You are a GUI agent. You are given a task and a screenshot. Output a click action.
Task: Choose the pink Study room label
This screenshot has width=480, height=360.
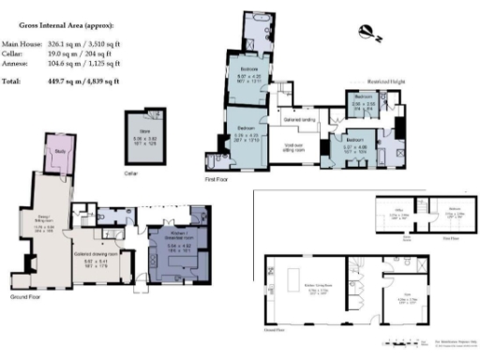click(x=60, y=150)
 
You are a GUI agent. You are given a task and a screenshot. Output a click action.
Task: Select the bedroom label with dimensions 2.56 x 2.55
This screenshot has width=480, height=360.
click(x=364, y=102)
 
